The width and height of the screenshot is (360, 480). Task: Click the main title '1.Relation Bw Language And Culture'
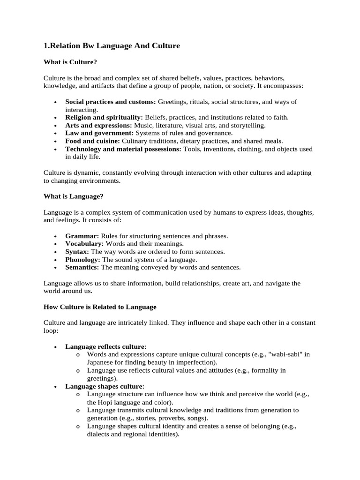(x=112, y=45)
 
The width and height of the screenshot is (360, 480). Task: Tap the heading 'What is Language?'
(x=73, y=196)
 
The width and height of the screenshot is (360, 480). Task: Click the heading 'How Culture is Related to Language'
(x=100, y=307)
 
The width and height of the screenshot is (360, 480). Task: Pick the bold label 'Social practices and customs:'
(x=111, y=102)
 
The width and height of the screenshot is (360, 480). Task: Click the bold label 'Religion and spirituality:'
(x=104, y=117)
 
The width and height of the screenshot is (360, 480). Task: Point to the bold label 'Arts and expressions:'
(x=98, y=125)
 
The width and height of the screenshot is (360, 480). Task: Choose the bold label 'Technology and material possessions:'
(x=123, y=149)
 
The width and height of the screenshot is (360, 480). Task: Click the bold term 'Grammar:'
(x=82, y=236)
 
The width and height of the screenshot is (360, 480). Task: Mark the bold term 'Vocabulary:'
(x=85, y=244)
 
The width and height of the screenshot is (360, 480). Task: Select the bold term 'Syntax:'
(x=77, y=252)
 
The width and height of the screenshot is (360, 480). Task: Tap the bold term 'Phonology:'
(x=83, y=260)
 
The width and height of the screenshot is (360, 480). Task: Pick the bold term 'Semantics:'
(x=82, y=268)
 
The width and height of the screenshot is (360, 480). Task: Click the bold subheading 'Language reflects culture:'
(x=106, y=347)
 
